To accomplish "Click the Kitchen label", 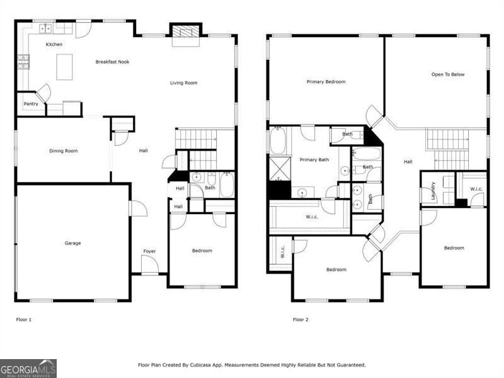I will [54, 45].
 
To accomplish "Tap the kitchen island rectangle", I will [64, 67].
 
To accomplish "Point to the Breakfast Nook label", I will [112, 62].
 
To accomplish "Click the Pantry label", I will [31, 104].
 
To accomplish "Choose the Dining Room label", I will [64, 151].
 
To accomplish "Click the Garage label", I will [72, 243].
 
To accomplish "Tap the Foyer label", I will [149, 251].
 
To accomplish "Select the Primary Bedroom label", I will [326, 82].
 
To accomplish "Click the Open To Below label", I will [448, 74].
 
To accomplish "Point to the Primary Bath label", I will [314, 160].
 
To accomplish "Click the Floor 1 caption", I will [23, 319].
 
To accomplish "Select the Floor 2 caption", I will [301, 319].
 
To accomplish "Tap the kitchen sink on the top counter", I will [46, 28].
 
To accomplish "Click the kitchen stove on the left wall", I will [23, 61].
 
